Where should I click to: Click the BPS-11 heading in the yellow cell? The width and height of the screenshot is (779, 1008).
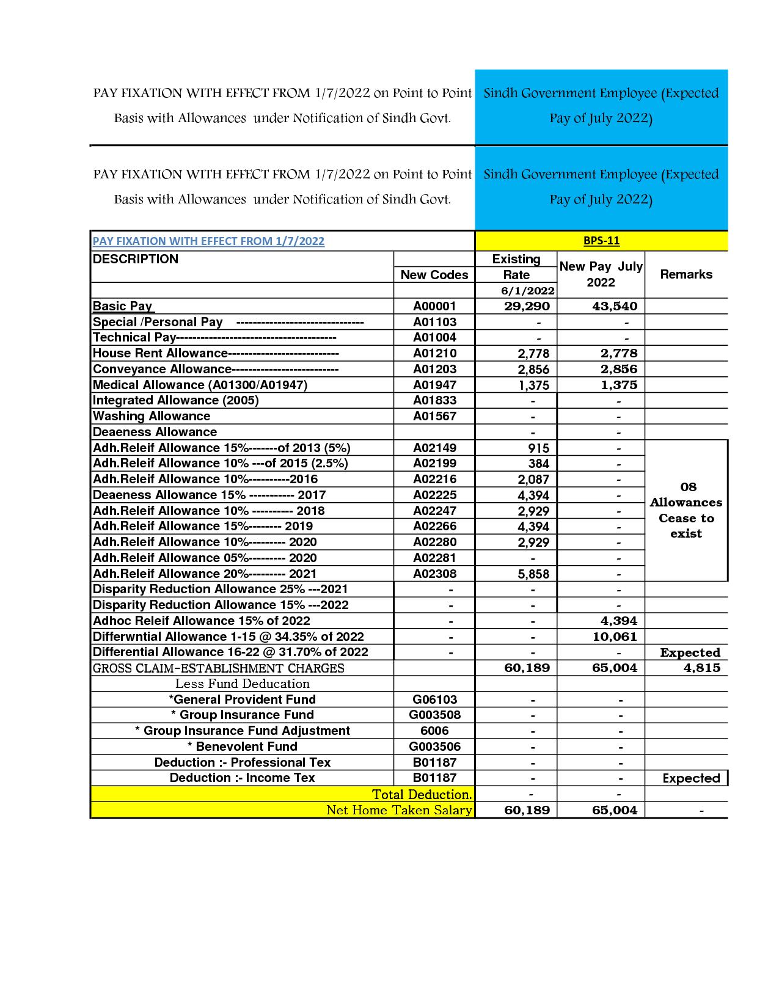click(x=601, y=241)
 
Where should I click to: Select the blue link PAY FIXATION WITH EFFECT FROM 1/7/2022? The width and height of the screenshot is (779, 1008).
click(x=208, y=241)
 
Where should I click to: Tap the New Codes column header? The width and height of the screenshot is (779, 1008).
click(x=434, y=275)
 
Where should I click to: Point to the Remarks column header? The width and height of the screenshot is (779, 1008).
click(x=686, y=274)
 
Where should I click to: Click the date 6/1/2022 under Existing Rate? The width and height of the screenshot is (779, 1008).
click(x=527, y=291)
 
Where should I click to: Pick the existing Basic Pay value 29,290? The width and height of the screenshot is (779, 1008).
click(x=527, y=307)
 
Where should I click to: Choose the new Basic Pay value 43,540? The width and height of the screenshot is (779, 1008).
click(x=614, y=307)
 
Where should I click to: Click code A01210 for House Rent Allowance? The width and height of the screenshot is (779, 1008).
click(x=434, y=353)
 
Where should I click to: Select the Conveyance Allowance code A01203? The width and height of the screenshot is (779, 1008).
click(x=434, y=369)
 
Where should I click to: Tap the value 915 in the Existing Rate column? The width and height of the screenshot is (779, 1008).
click(x=538, y=448)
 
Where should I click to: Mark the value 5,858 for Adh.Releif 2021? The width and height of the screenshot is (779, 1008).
click(x=533, y=574)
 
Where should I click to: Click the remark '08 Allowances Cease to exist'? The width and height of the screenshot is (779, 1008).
click(x=686, y=510)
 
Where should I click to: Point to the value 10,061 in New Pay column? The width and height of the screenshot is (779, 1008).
click(x=615, y=637)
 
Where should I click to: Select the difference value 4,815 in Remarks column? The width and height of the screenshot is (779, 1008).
click(x=701, y=668)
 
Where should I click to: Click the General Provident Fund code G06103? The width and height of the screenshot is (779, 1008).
click(x=434, y=699)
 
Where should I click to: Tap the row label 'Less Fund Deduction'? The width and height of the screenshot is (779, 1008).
click(x=242, y=684)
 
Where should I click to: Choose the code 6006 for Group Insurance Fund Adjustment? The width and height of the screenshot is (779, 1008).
click(x=434, y=731)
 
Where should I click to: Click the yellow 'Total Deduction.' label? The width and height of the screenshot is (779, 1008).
click(x=422, y=794)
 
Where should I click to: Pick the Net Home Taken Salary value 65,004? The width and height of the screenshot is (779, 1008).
click(x=614, y=810)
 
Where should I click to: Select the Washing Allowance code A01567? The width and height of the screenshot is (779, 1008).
click(x=434, y=416)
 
